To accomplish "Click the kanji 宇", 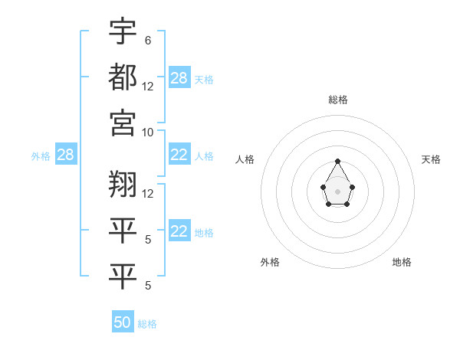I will [123, 31].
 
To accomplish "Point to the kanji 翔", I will [123, 183].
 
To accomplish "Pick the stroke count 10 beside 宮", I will [148, 131].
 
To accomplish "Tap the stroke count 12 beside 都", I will [148, 86].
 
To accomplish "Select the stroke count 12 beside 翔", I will [148, 193].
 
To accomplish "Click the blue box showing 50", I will [123, 322].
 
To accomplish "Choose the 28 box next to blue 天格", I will [179, 78].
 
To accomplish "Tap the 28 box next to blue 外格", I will [65, 155].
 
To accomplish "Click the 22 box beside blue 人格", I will [179, 155].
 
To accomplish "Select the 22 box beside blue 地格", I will [179, 232].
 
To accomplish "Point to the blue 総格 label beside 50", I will [147, 324].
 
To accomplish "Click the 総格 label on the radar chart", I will [337, 100].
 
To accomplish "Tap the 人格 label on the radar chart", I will [245, 159].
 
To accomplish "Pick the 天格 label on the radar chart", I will [431, 159].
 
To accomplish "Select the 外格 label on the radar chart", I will [270, 262].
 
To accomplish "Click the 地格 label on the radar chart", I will [402, 262].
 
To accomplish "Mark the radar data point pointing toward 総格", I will [337, 161].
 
